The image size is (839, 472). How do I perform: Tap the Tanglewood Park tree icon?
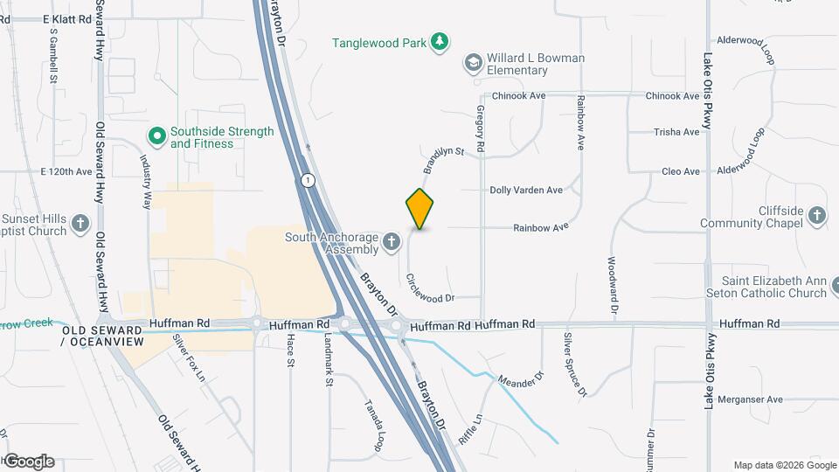coord(441,41)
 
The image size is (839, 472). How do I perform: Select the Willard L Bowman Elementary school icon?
coord(473,61)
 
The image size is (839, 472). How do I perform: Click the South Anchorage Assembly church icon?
coord(392,240)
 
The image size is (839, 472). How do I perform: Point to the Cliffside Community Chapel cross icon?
coord(816,216)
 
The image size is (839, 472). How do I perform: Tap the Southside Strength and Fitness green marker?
coord(156,135)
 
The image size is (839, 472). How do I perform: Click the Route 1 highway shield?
coord(308,180)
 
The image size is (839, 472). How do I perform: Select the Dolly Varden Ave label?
coord(525,190)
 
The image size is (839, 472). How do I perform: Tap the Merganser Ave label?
coord(751,399)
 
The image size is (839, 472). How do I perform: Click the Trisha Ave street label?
coord(676,132)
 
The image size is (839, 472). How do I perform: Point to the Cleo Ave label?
coord(681,171)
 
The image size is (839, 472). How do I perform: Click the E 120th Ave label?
coord(66,171)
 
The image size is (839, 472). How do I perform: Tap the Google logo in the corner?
coord(28,462)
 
